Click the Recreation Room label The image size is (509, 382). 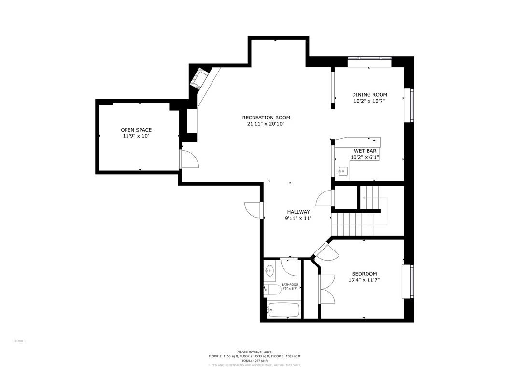click(x=266, y=118)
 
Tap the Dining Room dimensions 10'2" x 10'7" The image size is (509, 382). click(x=369, y=102)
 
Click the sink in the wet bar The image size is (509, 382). click(x=343, y=171)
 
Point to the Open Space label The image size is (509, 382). click(x=136, y=130)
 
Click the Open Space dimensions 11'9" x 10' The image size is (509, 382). click(x=136, y=136)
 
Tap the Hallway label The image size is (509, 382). click(x=298, y=212)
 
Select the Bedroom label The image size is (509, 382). click(x=364, y=274)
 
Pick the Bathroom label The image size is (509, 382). click(x=290, y=285)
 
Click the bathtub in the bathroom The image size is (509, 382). click(x=283, y=310)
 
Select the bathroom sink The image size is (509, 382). click(x=269, y=271)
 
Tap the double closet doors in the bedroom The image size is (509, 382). click(x=327, y=289)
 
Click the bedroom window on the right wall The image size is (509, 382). click(x=411, y=281)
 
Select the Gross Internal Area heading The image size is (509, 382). click(x=254, y=352)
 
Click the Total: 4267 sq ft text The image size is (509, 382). click(x=254, y=360)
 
